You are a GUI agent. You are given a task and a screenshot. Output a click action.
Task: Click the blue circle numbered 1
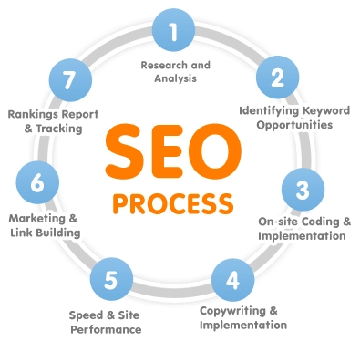coord(174,33)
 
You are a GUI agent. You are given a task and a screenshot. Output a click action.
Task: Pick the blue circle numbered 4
coord(232,278)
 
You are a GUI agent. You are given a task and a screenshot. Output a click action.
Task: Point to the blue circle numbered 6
coord(37,182)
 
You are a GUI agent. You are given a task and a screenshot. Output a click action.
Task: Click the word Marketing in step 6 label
coord(36,219)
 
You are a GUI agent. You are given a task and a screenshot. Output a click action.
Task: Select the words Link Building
coord(46,233)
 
